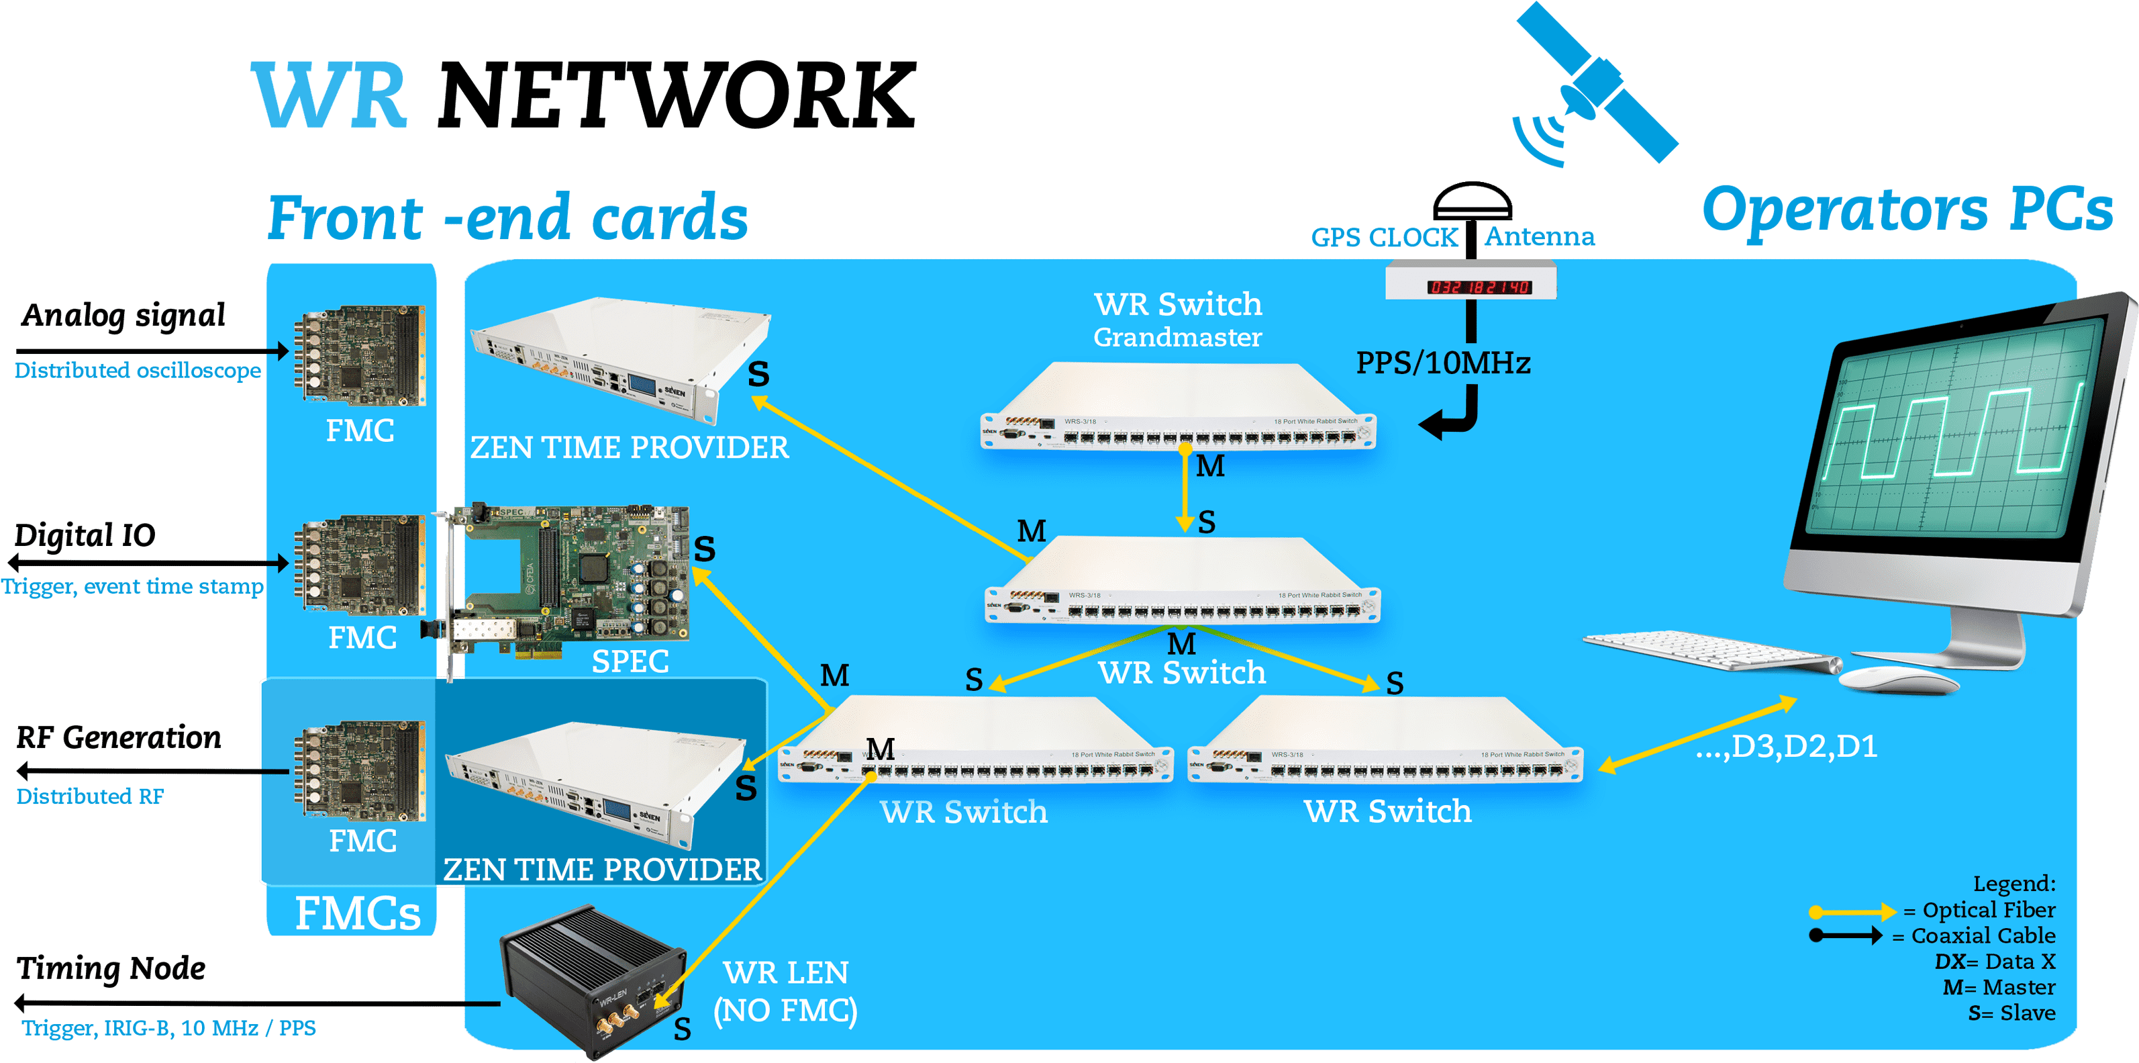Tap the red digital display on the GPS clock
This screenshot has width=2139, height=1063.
[1479, 287]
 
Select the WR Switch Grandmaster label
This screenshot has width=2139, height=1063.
[1177, 320]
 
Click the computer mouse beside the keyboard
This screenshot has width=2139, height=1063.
[1898, 680]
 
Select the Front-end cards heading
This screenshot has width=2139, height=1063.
[507, 218]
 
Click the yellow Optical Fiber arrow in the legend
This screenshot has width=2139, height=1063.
[1852, 912]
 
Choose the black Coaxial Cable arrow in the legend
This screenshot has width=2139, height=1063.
[1845, 936]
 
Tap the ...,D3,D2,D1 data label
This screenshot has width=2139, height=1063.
[1786, 747]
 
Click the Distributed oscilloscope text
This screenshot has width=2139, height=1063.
[138, 371]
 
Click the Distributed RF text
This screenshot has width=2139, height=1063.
[90, 796]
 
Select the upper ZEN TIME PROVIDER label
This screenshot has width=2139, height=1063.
[630, 448]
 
